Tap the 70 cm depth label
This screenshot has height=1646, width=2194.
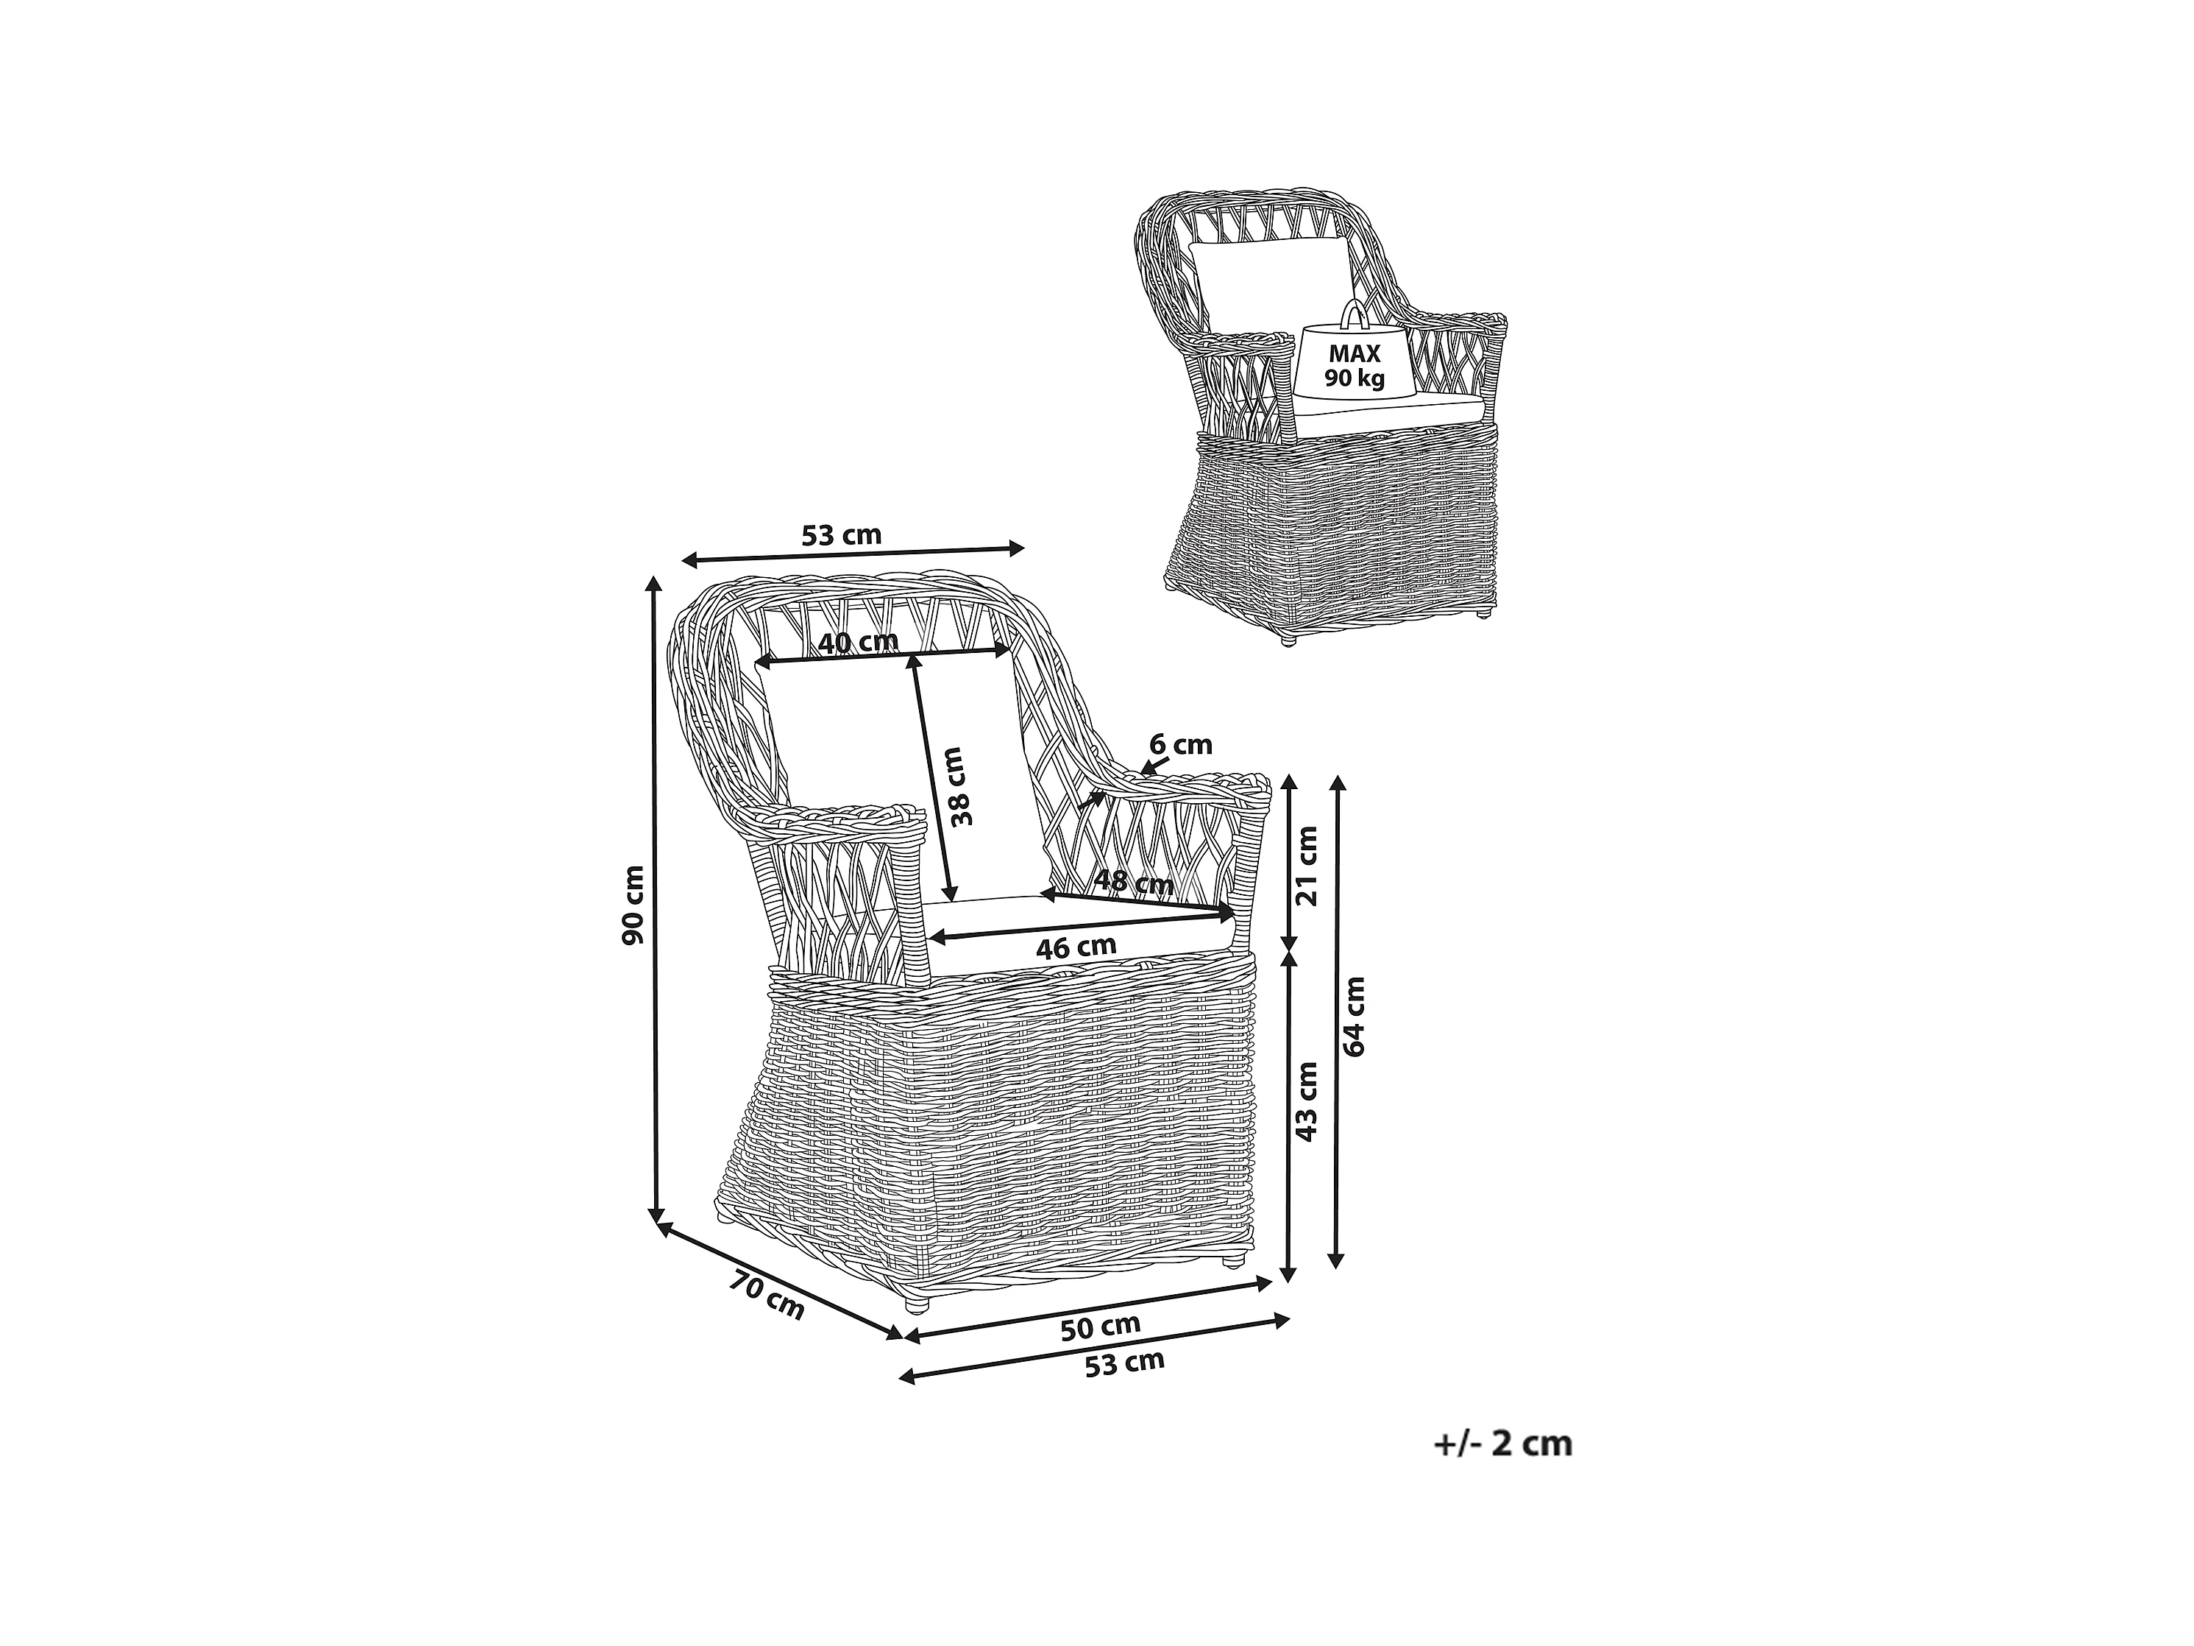pos(767,1296)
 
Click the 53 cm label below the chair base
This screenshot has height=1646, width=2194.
pos(1123,1364)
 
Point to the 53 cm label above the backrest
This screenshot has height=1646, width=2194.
pos(841,536)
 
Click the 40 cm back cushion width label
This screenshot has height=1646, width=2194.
pos(858,643)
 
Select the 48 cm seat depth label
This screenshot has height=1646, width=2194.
pos(1133,881)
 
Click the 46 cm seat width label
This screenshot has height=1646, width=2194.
pos(1076,947)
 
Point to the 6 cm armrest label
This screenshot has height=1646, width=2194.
pos(1180,744)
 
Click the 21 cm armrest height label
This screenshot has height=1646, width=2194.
pos(1308,864)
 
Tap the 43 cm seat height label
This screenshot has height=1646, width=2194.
pos(1307,1101)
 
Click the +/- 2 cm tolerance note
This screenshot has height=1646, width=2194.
pos(1502,1443)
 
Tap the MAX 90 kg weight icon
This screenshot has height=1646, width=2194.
pos(1354,365)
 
